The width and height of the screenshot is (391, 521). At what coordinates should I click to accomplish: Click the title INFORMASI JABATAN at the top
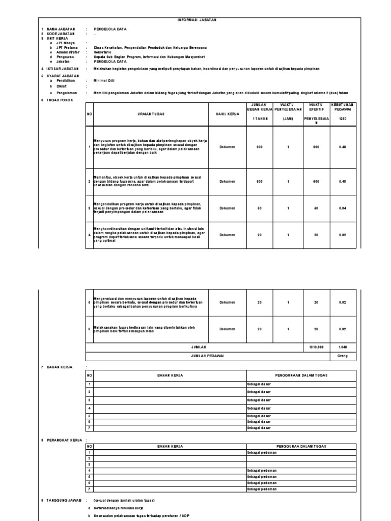tap(197, 20)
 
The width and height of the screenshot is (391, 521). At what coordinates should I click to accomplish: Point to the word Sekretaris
tap(104, 52)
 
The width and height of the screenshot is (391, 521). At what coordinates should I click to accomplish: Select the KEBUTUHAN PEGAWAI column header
tap(342, 109)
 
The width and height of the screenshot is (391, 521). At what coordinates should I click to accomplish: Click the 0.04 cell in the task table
tap(342, 208)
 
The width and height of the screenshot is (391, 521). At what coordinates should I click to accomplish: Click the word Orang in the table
tap(342, 356)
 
